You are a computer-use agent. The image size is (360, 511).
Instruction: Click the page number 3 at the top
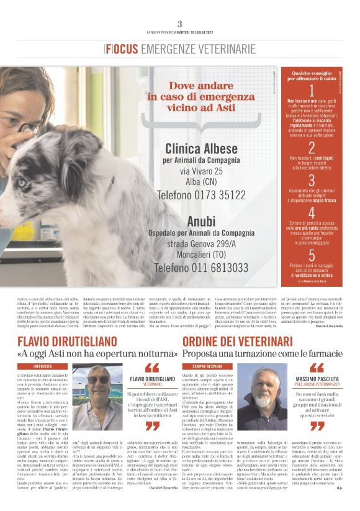coord(180,24)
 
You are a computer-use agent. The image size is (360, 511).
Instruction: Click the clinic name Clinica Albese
coord(201,148)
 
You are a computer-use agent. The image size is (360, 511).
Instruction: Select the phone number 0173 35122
coord(201,194)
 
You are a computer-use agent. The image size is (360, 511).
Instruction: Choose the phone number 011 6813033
coord(201,268)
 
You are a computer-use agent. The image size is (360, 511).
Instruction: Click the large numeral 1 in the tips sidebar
coord(311,91)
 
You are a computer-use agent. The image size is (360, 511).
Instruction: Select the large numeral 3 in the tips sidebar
coord(311,181)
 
